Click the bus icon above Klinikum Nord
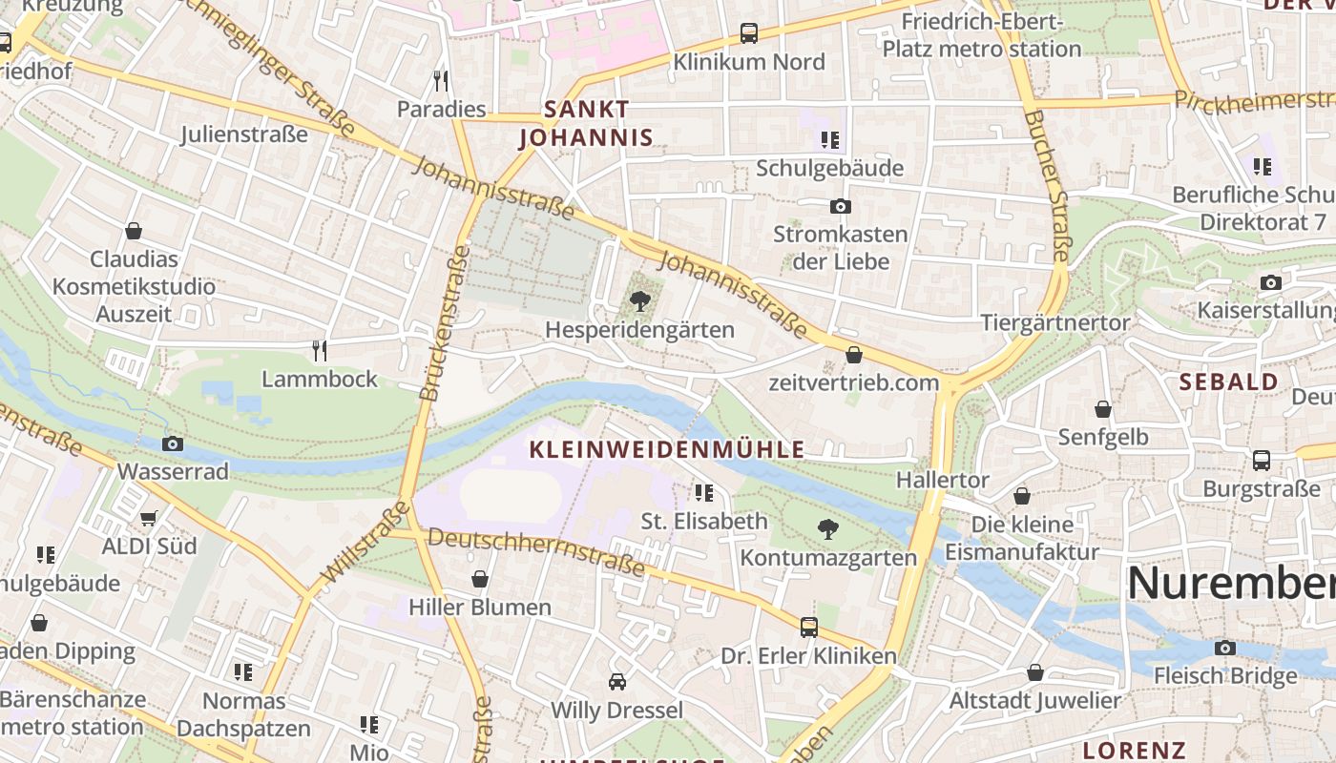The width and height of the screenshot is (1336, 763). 749,33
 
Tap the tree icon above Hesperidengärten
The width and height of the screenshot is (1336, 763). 640,302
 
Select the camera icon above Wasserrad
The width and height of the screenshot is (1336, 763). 173,443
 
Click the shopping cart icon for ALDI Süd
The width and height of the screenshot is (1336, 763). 149,518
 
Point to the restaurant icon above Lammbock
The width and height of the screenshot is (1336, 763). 320,351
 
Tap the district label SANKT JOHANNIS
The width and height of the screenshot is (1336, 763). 586,124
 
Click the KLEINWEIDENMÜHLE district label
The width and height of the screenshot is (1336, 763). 667,450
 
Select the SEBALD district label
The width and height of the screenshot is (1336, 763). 1228,382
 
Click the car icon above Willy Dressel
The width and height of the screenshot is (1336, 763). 617,682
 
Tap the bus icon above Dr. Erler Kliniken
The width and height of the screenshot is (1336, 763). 809,627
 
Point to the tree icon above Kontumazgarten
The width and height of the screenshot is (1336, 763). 828,528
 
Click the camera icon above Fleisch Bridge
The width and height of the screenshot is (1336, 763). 1225,648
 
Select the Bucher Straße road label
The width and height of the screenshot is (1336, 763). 1048,186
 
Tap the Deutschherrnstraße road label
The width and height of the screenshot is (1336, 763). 536,552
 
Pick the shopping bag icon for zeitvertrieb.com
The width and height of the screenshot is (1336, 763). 854,355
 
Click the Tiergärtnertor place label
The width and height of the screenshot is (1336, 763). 1054,322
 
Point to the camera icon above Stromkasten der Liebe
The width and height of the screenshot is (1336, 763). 840,206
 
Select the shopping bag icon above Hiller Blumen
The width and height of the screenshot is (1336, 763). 480,579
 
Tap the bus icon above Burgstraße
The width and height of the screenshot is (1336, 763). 1262,461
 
